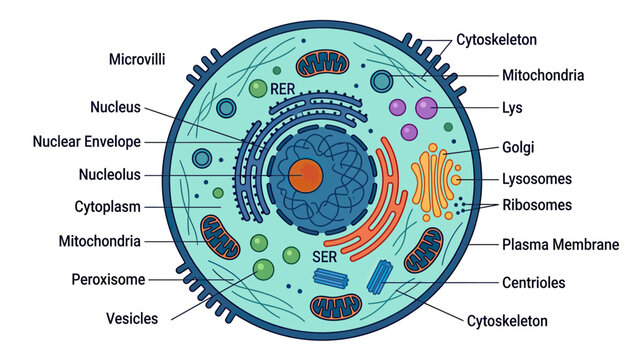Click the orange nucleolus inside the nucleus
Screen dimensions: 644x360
305,176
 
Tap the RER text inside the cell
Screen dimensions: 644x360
283,89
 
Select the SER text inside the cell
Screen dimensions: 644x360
324,257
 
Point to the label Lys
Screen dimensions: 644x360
512,108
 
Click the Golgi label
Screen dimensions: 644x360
518,147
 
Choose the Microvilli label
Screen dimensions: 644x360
137,59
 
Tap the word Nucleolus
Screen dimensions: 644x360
110,174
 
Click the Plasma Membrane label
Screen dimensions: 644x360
561,245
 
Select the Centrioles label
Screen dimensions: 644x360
534,282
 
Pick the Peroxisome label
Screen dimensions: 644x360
108,280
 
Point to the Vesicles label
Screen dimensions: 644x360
132,319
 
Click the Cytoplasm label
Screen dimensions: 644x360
108,207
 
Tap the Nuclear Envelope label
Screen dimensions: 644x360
87,142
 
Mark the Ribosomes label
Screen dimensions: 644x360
537,205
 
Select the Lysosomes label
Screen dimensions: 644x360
537,179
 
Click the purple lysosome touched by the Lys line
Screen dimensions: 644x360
426,108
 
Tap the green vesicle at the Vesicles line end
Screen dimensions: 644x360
264,269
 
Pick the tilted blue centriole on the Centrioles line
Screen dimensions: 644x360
380,277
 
